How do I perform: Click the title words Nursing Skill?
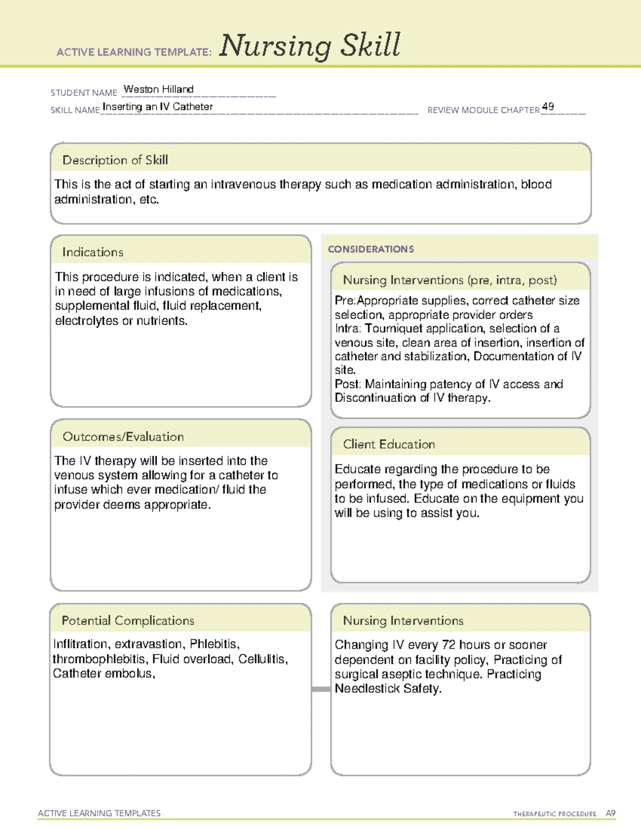(x=309, y=46)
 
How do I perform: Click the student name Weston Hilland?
(x=158, y=89)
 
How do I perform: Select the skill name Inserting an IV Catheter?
(x=158, y=107)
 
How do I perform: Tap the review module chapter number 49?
(x=548, y=106)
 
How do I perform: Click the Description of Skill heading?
(x=115, y=160)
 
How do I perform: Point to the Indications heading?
(x=93, y=252)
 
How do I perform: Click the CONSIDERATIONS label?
(x=371, y=249)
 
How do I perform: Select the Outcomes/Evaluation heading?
(x=123, y=437)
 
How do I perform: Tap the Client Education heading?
(x=389, y=444)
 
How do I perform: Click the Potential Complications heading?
(x=128, y=620)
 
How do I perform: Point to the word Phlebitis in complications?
(x=214, y=644)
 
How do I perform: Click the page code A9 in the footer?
(x=611, y=814)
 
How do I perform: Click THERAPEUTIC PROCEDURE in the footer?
(x=554, y=814)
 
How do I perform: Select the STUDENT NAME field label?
(x=84, y=93)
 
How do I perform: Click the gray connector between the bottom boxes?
(x=321, y=689)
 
